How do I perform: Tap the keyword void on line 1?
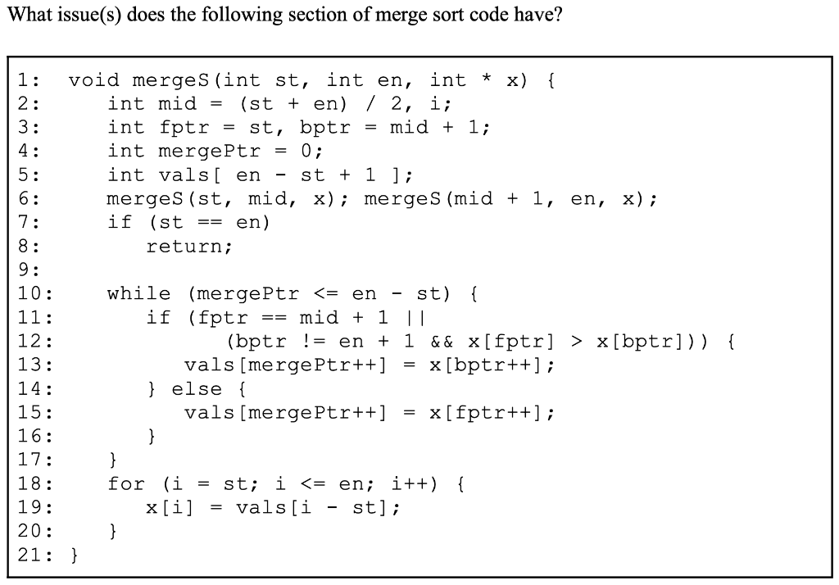(93, 80)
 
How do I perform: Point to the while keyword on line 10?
(138, 293)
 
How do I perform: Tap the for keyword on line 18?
(125, 483)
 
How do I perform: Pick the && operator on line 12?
(442, 341)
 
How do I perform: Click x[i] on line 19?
(170, 507)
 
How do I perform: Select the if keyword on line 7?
(119, 222)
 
